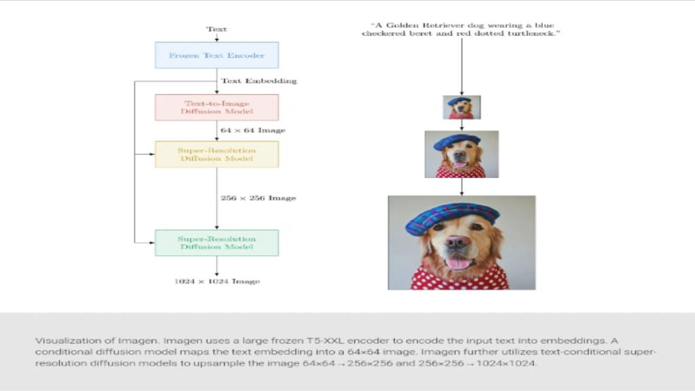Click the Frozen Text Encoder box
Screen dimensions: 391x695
point(217,55)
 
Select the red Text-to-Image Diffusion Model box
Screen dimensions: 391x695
point(217,107)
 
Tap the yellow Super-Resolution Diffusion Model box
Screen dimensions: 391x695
point(217,154)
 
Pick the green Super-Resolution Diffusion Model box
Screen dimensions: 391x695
point(217,242)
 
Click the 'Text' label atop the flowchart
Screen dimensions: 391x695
point(217,29)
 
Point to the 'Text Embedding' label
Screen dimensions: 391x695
point(259,81)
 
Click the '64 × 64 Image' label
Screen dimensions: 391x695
point(252,130)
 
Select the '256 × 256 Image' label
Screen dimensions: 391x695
point(258,198)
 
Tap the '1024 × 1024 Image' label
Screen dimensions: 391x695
point(217,280)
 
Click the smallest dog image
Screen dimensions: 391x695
point(462,107)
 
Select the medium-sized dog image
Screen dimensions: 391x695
point(462,154)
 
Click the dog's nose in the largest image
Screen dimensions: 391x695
point(457,242)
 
